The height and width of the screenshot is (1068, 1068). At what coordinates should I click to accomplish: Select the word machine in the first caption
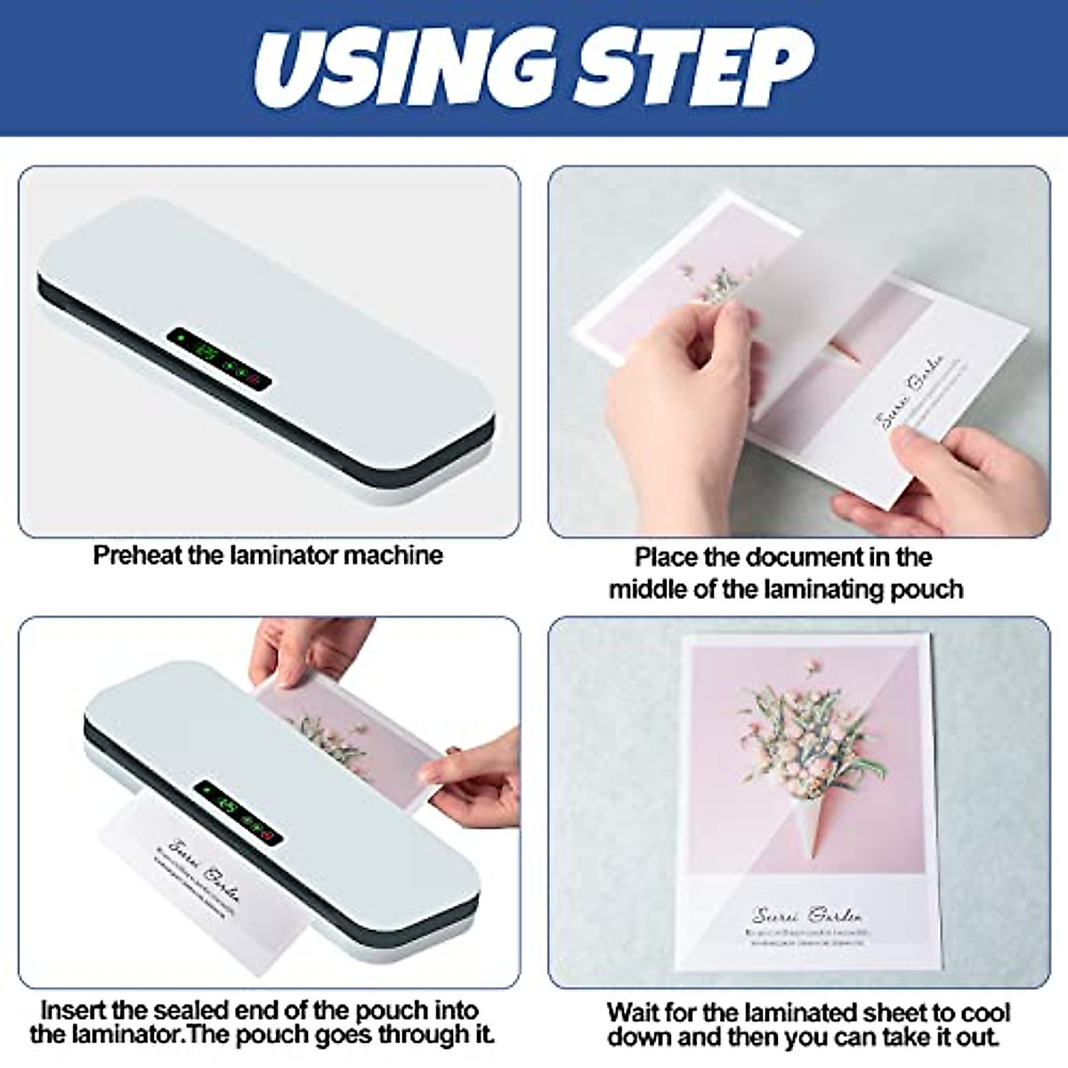[x=393, y=555]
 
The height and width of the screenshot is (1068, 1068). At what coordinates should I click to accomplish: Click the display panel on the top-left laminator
[x=219, y=359]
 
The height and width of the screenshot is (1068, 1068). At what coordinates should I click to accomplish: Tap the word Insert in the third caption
[x=73, y=1011]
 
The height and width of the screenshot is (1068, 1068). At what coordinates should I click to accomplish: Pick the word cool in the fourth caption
[x=985, y=1013]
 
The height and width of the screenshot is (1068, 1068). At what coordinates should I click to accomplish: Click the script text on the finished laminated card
[x=806, y=914]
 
